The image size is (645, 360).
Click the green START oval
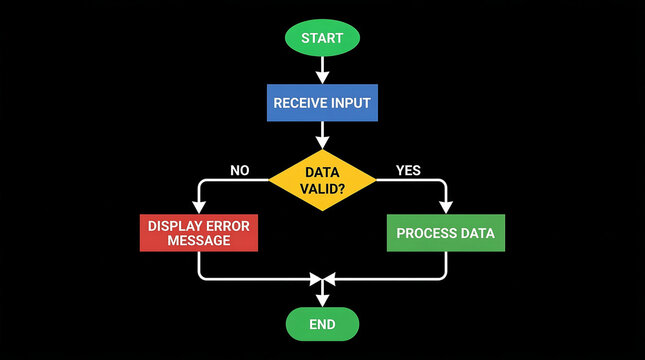coord(322,38)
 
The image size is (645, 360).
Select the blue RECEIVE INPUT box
coord(322,102)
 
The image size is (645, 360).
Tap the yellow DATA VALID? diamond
coord(322,180)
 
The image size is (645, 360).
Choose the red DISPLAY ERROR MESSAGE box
coord(199,233)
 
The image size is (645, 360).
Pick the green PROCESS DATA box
coord(446,233)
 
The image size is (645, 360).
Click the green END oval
coord(322,324)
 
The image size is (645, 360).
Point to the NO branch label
coord(240,170)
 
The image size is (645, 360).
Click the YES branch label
coord(408,170)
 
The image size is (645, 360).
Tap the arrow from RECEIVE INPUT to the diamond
coord(322,135)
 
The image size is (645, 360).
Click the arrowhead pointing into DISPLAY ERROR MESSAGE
coord(199,206)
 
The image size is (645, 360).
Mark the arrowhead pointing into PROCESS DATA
coord(446,206)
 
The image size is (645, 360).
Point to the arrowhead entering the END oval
coord(322,298)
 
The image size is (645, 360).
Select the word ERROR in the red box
coord(229,225)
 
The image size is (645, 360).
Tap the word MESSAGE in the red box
coord(199,241)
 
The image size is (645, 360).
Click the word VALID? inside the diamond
coord(322,189)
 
